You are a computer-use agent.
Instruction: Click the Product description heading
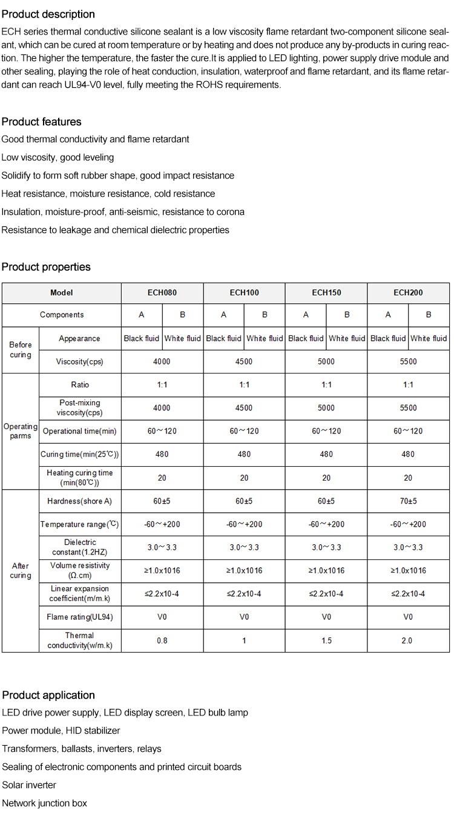pyautogui.click(x=48, y=14)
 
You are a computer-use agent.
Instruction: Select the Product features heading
pyautogui.click(x=41, y=122)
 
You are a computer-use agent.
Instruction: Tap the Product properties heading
pyautogui.click(x=46, y=267)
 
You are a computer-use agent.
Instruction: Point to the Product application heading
pyautogui.click(x=48, y=695)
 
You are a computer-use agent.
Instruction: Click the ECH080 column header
pyautogui.click(x=162, y=292)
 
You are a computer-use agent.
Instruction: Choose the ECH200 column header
pyautogui.click(x=408, y=292)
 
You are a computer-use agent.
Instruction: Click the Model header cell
pyautogui.click(x=62, y=292)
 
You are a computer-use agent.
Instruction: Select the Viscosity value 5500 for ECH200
pyautogui.click(x=408, y=361)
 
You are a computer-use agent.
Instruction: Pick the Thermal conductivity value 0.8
pyautogui.click(x=162, y=640)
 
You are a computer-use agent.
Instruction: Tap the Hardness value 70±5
pyautogui.click(x=408, y=501)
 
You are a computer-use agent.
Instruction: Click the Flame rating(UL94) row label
pyautogui.click(x=80, y=617)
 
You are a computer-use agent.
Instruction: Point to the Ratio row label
pyautogui.click(x=80, y=385)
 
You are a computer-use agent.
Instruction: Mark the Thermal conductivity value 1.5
pyautogui.click(x=326, y=640)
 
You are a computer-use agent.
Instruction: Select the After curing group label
pyautogui.click(x=21, y=570)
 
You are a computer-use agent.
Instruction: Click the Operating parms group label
pyautogui.click(x=21, y=431)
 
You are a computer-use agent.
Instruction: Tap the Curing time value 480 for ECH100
pyautogui.click(x=244, y=454)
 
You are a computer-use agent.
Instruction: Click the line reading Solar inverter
pyautogui.click(x=29, y=785)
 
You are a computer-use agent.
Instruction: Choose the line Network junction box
pyautogui.click(x=45, y=803)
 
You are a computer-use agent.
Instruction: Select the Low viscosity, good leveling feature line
pyautogui.click(x=58, y=157)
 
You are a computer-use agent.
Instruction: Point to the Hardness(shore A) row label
pyautogui.click(x=80, y=501)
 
